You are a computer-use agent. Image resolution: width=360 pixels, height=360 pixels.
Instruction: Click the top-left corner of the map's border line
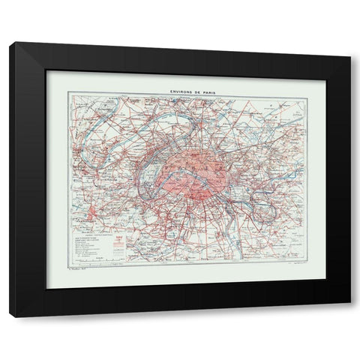pos(67,93)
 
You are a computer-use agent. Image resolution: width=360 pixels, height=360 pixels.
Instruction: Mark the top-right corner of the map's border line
pos(292,93)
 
